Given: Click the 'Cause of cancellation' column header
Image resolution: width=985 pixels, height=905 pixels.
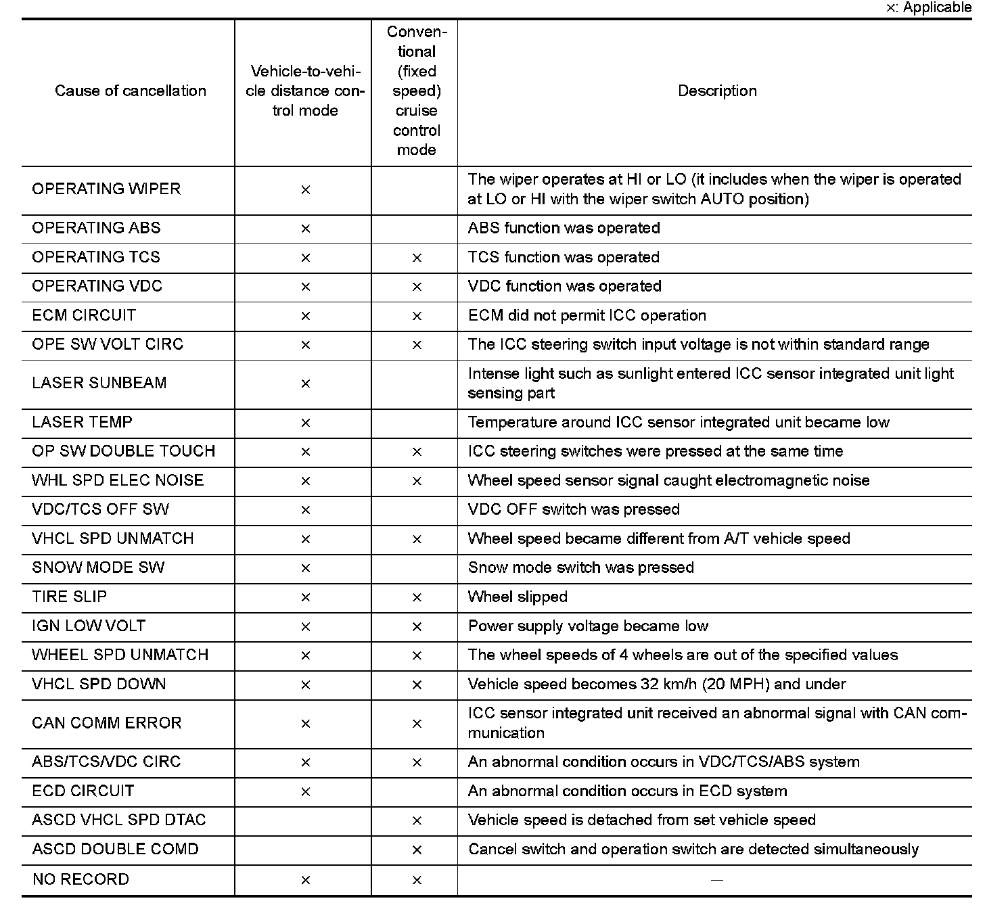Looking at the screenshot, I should pyautogui.click(x=130, y=91).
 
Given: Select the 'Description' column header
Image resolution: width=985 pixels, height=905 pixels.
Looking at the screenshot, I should pyautogui.click(x=717, y=91).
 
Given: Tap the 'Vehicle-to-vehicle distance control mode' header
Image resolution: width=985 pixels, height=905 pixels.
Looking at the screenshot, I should pyautogui.click(x=304, y=91).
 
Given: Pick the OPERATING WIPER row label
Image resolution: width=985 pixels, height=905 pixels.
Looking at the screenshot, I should pyautogui.click(x=106, y=189).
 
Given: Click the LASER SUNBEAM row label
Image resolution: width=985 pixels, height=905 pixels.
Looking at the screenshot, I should pyautogui.click(x=99, y=383).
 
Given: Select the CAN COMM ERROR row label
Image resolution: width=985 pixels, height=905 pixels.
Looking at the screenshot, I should pyautogui.click(x=107, y=723).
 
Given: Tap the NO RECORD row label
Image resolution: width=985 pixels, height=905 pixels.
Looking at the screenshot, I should pyautogui.click(x=81, y=879).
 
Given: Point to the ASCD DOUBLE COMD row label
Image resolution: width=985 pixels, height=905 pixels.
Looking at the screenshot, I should pyautogui.click(x=115, y=850).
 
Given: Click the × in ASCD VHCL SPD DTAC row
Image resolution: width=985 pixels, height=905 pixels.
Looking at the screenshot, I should pyautogui.click(x=417, y=821).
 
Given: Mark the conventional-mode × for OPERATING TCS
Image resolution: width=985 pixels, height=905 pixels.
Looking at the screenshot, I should pyautogui.click(x=417, y=258).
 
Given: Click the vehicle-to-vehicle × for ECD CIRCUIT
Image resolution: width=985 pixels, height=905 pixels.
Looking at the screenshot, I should pyautogui.click(x=305, y=791).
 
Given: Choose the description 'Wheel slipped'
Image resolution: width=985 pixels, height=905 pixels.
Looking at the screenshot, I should pyautogui.click(x=518, y=597).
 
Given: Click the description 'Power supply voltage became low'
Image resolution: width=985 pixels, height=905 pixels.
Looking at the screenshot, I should pyautogui.click(x=588, y=626).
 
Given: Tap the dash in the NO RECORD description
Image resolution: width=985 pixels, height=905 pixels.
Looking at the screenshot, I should pyautogui.click(x=717, y=880).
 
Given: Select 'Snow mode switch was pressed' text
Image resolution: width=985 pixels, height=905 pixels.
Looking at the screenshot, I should pyautogui.click(x=580, y=568).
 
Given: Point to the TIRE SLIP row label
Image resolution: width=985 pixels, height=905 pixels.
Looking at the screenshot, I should pyautogui.click(x=69, y=597).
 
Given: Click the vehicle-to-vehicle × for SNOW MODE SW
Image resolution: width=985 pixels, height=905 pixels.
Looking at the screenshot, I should pyautogui.click(x=305, y=568).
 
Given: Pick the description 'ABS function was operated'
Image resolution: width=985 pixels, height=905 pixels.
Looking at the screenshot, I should pyautogui.click(x=564, y=229).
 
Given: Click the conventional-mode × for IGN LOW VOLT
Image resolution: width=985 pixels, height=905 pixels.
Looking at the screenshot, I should pyautogui.click(x=417, y=627).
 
